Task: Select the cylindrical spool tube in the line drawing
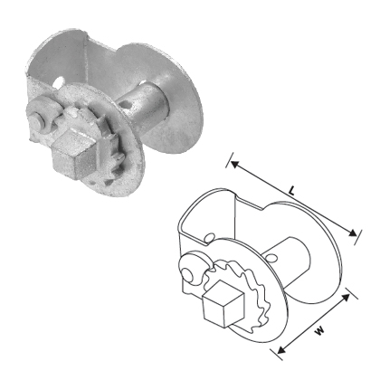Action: point(285,259)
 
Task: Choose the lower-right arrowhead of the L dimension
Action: point(354,236)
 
